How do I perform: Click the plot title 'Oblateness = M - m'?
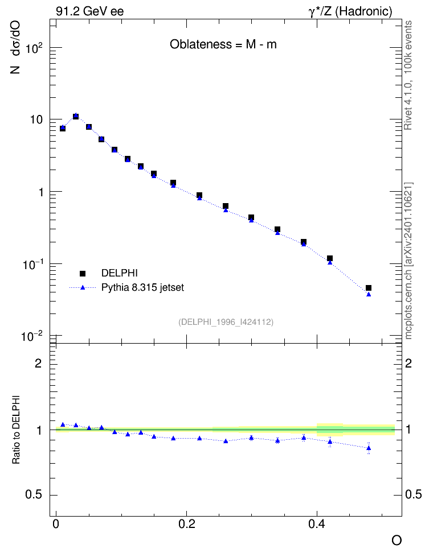point(223,44)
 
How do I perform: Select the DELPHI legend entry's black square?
point(83,273)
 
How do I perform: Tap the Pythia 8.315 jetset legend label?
point(143,287)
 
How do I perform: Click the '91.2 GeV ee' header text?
point(90,11)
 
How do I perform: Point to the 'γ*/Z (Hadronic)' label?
point(350,11)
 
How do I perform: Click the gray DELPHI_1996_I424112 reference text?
point(226,322)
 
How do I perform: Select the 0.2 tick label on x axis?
point(186,534)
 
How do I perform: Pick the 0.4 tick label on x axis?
point(317,534)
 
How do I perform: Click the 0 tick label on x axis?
point(56,534)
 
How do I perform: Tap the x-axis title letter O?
point(397,540)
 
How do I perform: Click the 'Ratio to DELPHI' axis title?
point(16,430)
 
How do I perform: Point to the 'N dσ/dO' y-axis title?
point(15,47)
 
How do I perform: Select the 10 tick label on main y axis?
point(36,119)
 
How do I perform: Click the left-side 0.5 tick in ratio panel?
point(34,495)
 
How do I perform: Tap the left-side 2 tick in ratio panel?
point(38,363)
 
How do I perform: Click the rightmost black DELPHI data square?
point(369,288)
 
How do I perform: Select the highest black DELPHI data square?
point(76,117)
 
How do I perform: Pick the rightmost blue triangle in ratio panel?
point(369,448)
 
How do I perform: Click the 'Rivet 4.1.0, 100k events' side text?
point(408,75)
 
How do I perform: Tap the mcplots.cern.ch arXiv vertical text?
point(408,261)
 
